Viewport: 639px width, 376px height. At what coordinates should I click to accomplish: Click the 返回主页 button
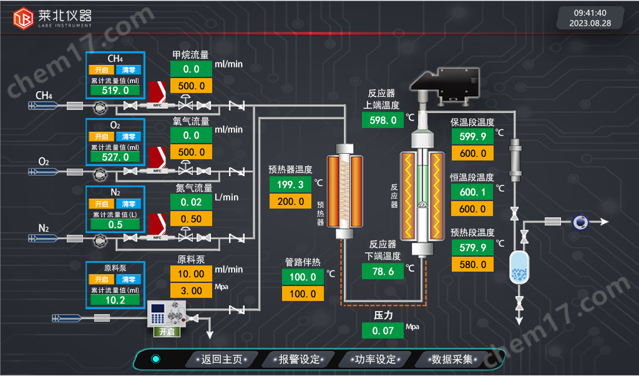[222, 359]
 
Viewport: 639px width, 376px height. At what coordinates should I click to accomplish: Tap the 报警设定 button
[299, 359]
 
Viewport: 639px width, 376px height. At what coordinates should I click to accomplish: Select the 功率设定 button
[375, 359]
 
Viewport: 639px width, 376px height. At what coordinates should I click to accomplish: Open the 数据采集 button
[452, 359]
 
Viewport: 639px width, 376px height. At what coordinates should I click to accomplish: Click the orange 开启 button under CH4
[102, 70]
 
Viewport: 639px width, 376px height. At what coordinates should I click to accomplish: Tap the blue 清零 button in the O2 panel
[129, 137]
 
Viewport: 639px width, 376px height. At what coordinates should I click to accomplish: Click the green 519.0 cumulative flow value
[115, 90]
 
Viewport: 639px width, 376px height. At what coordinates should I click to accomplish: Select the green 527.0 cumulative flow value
[115, 157]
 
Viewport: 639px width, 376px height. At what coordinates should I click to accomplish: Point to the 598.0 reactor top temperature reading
[383, 121]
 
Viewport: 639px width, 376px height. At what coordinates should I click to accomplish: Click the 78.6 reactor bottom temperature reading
[383, 272]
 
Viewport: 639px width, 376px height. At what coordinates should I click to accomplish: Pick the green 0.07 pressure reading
[383, 331]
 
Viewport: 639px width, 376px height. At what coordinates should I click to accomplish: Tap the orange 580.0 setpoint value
[472, 264]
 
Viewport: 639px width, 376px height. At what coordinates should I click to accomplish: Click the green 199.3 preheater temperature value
[290, 184]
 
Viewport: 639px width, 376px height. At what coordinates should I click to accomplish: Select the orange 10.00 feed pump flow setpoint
[191, 274]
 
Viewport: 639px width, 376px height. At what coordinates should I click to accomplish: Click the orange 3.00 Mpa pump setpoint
[191, 291]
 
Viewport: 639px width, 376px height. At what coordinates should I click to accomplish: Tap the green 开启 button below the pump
[167, 332]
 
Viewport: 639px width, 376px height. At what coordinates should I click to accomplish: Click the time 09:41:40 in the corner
[590, 13]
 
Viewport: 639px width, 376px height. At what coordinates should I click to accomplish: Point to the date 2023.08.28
[590, 23]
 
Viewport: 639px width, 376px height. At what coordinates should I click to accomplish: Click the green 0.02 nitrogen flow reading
[191, 202]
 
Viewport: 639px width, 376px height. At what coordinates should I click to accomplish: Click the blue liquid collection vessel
[519, 267]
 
